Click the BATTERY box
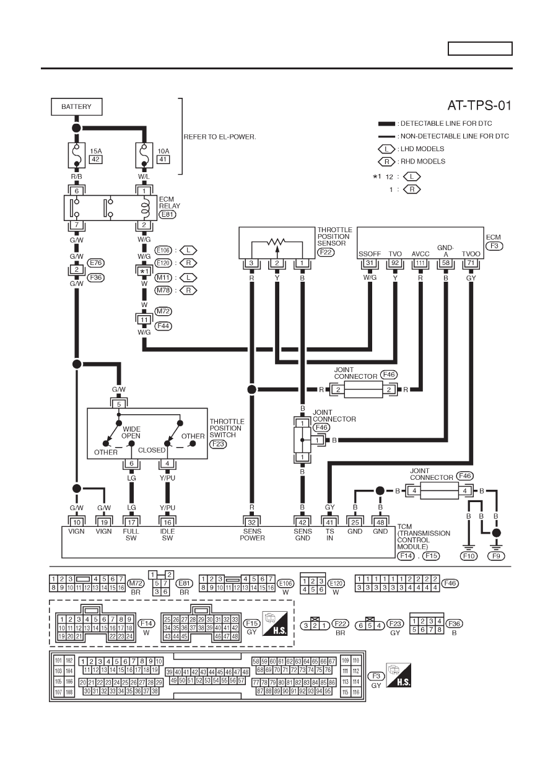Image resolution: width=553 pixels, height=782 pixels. [x=76, y=106]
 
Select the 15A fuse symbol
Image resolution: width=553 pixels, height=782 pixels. [x=76, y=155]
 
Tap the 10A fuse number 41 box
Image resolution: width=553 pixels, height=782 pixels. [x=163, y=160]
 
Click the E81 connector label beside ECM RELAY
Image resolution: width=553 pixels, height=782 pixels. [x=168, y=214]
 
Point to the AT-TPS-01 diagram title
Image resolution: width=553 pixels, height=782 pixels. [x=479, y=105]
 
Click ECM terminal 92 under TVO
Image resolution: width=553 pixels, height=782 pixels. [x=395, y=263]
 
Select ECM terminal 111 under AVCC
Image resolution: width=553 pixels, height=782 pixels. [x=420, y=263]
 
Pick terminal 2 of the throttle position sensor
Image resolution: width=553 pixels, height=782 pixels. [x=277, y=263]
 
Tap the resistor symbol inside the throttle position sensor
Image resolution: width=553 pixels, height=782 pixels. [x=277, y=241]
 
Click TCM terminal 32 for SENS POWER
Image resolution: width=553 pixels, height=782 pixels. [x=251, y=523]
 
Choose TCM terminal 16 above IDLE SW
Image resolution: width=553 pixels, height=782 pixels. [x=168, y=523]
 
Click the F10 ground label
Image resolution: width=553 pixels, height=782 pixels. [x=468, y=556]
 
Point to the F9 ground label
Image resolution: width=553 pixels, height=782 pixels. [x=496, y=556]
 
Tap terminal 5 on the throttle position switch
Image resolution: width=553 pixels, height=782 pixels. [x=119, y=404]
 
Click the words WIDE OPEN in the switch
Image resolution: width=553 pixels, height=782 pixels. [x=131, y=432]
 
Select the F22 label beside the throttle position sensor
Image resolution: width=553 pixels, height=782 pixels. [x=325, y=252]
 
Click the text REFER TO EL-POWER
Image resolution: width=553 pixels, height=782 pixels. [x=220, y=137]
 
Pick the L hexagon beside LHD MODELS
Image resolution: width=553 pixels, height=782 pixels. [x=386, y=149]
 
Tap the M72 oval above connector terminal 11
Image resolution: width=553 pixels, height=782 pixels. [x=163, y=311]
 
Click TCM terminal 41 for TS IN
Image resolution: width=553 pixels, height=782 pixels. [x=329, y=523]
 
